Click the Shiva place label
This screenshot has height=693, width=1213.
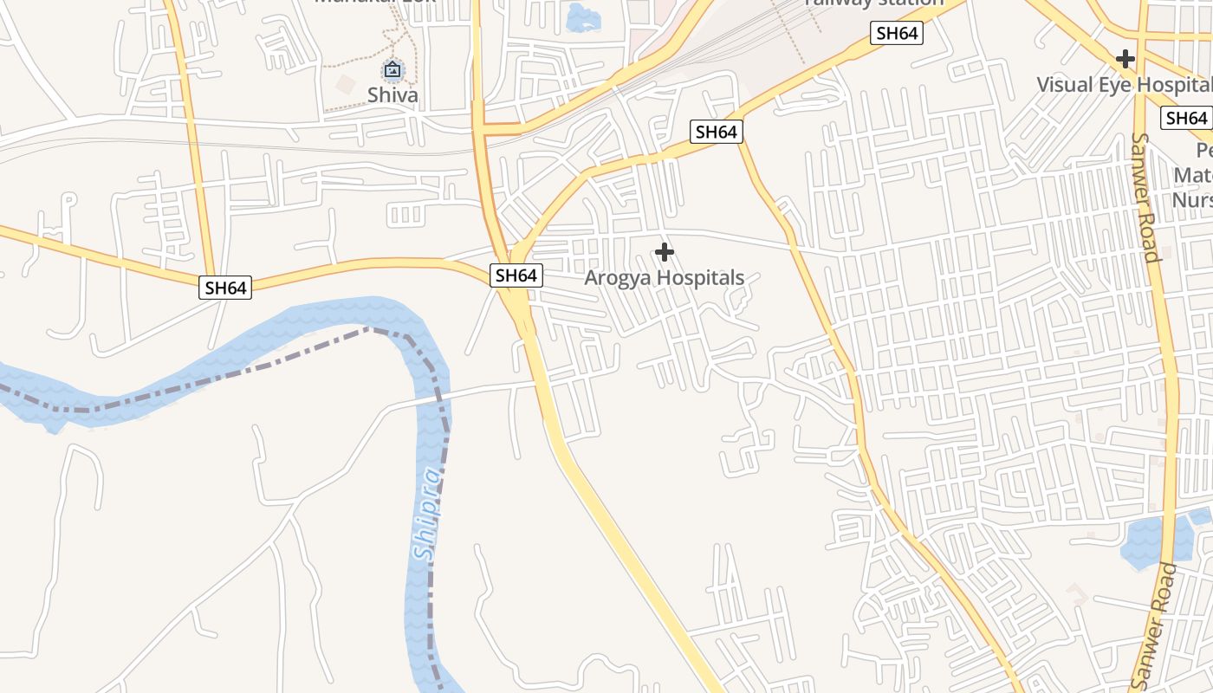pos(392,94)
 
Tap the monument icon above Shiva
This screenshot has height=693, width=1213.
pos(392,69)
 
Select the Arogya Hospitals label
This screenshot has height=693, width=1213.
pos(664,278)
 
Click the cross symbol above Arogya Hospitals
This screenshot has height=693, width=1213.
pos(665,252)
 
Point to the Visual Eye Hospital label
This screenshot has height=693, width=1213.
pos(1125,85)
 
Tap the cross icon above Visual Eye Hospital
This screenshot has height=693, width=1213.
pos(1125,59)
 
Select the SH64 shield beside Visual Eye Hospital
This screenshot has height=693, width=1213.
pos(1185,118)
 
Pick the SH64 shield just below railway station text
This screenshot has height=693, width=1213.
pos(897,34)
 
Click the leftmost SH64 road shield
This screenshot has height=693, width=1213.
pos(225,288)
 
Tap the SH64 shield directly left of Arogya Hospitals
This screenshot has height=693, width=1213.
pos(516,275)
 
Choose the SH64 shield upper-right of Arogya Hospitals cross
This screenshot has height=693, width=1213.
pos(717,132)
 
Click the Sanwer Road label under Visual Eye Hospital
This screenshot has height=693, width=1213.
pos(1145,197)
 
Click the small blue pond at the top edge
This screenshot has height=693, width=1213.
pos(581,17)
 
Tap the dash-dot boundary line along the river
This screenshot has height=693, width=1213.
pos(260,368)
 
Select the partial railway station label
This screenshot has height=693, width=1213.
pos(873,3)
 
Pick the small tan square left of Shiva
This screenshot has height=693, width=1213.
pos(345,84)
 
